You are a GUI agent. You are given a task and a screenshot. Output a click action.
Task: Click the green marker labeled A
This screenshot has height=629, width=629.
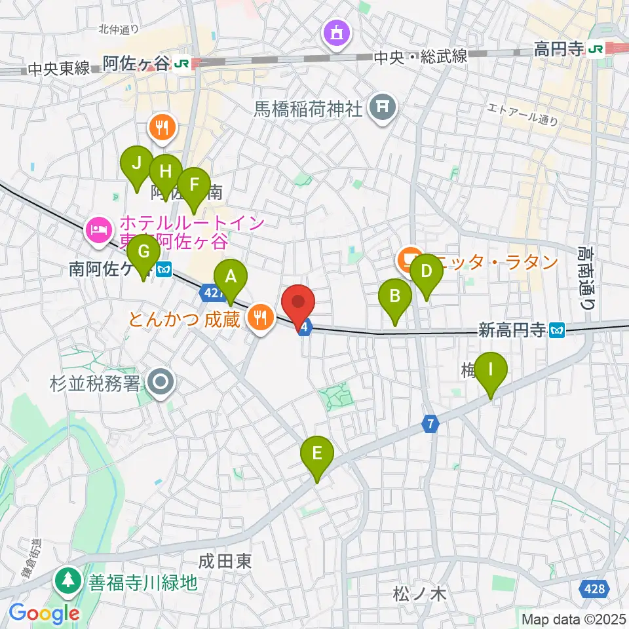coord(230,278)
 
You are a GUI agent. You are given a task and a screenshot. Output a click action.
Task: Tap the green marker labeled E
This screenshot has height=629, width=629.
coord(317,454)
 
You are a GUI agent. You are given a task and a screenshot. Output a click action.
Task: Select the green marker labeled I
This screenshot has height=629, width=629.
coord(491,370)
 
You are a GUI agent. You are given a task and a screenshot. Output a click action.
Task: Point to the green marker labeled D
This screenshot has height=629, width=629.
coord(426,271)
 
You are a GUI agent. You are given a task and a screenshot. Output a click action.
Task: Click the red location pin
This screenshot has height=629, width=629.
coord(298,305)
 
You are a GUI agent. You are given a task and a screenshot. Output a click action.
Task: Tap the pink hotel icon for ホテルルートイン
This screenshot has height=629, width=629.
coord(98,230)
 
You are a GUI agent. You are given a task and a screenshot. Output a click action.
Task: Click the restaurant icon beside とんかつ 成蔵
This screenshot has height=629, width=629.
coord(261,318)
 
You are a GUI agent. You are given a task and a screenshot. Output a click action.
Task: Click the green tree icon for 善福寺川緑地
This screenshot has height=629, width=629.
coord(67,581)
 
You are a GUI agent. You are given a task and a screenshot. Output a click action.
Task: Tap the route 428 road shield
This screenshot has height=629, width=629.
coord(594,590)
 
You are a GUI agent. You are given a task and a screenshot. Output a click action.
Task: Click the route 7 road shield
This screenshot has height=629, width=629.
coord(430,425)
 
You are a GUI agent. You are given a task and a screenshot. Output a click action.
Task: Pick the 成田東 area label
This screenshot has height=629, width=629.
coord(226,561)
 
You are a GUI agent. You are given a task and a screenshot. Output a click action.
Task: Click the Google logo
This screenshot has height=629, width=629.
coord(44,613)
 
